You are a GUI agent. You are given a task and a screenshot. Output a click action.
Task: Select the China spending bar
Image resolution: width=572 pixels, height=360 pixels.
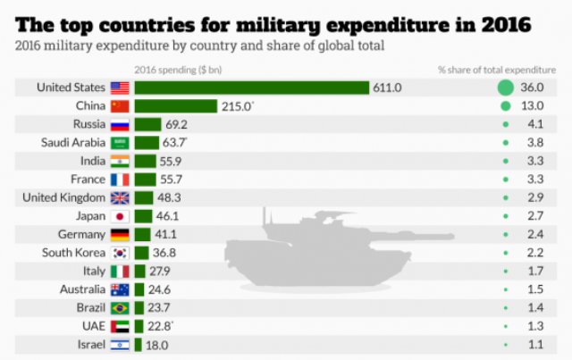[x=176, y=106]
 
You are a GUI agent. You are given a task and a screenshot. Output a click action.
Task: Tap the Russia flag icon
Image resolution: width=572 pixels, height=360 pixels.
[x=120, y=124]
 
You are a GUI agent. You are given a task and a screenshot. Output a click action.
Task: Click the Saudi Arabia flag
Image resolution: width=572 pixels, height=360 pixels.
[x=120, y=143]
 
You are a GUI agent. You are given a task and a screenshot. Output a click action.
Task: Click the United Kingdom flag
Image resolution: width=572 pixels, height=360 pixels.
[x=120, y=197]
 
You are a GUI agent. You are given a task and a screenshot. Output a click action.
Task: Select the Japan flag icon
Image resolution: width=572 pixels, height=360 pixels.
[x=120, y=216]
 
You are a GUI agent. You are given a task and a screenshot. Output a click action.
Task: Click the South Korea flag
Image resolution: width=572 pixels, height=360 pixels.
[x=120, y=253]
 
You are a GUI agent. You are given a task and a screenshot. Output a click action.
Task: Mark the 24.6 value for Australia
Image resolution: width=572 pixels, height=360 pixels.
[x=161, y=289]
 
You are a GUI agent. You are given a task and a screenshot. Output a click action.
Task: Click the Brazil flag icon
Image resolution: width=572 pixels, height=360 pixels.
[x=120, y=308]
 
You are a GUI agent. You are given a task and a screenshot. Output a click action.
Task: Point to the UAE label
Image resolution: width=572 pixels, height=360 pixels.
[x=92, y=326]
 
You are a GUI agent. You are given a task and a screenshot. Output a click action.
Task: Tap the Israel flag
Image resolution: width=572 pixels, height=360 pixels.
[x=120, y=345]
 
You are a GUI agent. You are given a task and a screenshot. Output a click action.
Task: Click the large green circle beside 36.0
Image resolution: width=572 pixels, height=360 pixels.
[x=505, y=88]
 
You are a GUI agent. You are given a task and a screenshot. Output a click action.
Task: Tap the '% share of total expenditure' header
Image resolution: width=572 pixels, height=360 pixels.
[x=495, y=69]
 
